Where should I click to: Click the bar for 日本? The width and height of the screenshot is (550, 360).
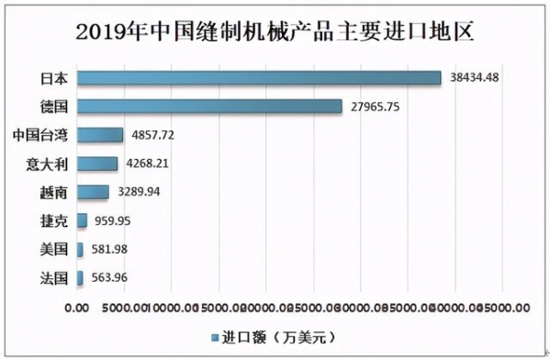pos(259,78)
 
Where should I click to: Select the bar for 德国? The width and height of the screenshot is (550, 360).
pos(209,107)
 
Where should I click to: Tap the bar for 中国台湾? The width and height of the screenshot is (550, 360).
pos(100,135)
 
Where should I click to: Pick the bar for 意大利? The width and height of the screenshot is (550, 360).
pos(97,163)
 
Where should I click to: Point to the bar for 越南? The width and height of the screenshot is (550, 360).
pos(93,192)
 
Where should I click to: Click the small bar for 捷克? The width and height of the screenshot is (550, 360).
pos(82,220)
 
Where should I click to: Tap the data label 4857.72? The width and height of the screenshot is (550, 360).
pos(153,134)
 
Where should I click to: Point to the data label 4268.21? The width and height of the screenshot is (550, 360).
pos(148,163)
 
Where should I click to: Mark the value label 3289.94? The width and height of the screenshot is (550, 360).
pos(139,192)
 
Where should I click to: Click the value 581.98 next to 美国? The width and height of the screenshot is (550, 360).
pos(110,249)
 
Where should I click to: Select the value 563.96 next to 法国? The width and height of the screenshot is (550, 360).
pos(110,277)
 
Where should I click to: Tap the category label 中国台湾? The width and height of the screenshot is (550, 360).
pos(41,135)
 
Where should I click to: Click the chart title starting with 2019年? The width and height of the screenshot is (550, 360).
pos(275,31)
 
